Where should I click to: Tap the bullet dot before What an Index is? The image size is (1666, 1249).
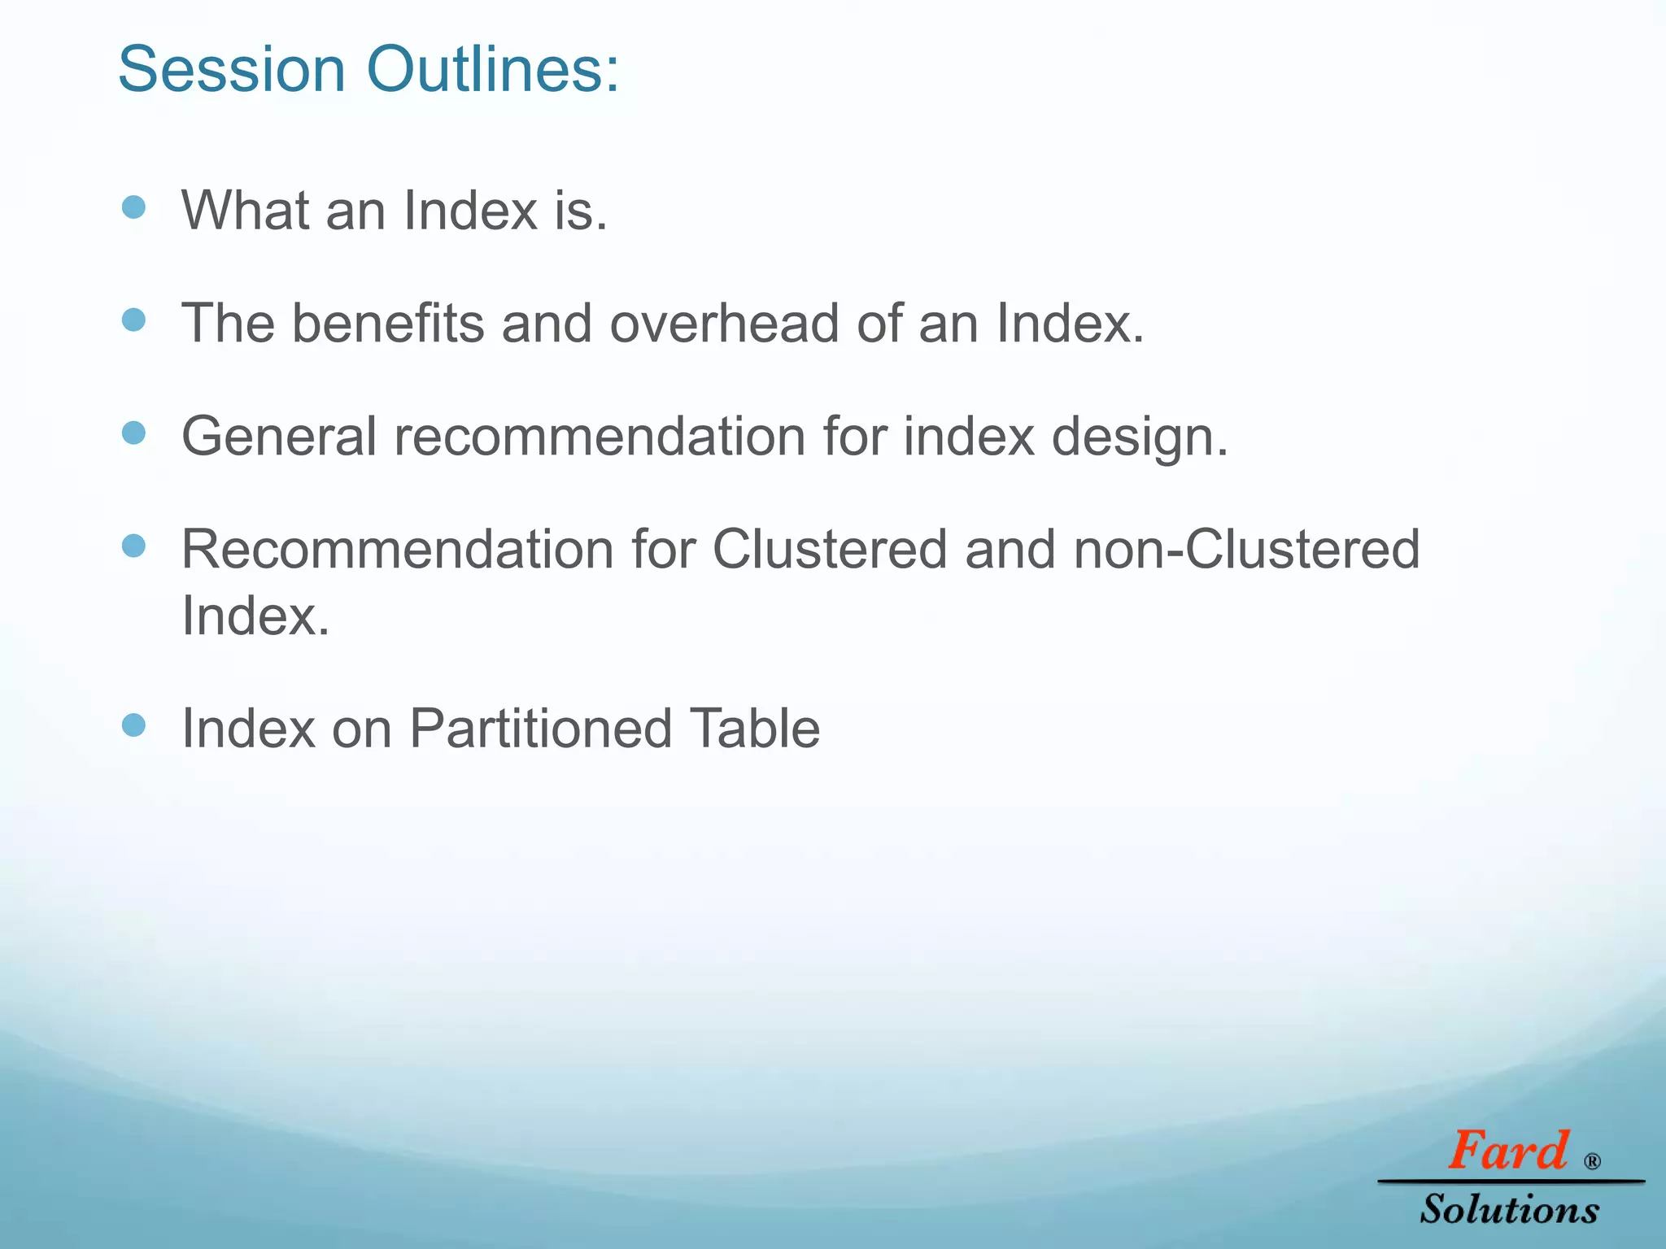click(133, 207)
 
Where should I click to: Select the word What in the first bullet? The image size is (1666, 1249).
click(245, 211)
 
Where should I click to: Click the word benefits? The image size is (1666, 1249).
click(387, 324)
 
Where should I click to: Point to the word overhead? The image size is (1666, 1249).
click(724, 324)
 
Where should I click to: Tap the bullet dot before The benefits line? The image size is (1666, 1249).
click(133, 320)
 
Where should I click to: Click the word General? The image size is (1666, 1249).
click(279, 437)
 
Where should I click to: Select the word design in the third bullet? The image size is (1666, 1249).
click(1139, 437)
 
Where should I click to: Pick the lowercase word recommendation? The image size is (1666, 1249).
click(600, 437)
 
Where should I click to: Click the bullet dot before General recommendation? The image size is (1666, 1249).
click(133, 433)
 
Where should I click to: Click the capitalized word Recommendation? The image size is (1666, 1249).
click(397, 550)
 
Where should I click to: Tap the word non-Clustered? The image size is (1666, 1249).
click(1246, 550)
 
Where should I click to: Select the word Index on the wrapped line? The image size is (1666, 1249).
click(255, 616)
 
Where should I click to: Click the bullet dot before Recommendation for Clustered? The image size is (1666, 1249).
click(133, 546)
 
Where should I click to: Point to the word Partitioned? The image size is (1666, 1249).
click(540, 729)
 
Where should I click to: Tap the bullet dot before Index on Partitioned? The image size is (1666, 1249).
click(133, 725)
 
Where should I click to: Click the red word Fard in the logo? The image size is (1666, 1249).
click(1507, 1151)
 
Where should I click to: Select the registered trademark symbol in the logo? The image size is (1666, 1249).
click(1593, 1161)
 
